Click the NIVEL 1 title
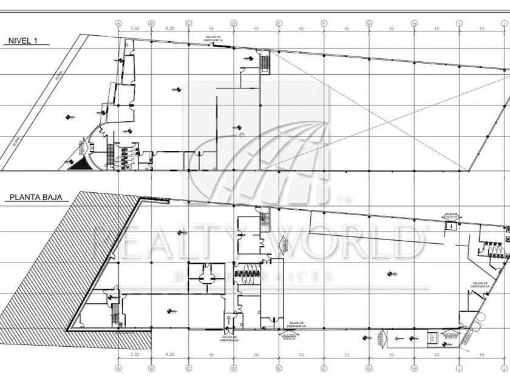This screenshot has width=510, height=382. click(x=23, y=41)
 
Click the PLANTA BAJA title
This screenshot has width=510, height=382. click(x=38, y=197)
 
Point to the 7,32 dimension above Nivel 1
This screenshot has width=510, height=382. click(x=134, y=28)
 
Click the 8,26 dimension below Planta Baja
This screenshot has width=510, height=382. click(x=170, y=354)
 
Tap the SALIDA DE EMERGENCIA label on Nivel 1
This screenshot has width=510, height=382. click(x=213, y=38)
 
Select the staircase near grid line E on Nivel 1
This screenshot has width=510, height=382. click(x=265, y=61)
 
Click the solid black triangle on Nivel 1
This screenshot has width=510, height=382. click(x=78, y=164)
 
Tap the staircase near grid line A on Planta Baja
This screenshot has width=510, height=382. click(x=114, y=315)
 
